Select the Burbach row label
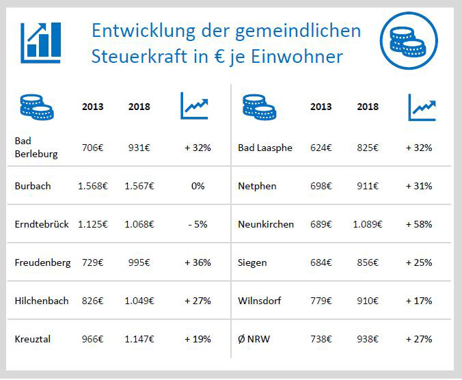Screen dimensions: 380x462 [x=32, y=185]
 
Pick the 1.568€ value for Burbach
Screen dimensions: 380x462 [x=93, y=185]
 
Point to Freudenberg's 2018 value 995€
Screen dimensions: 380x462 [x=139, y=262]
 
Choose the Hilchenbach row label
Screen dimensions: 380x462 [x=42, y=301]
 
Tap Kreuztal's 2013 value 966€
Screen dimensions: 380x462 [x=94, y=338]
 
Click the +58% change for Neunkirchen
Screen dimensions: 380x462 [x=418, y=223]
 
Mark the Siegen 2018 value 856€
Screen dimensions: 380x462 [x=367, y=262]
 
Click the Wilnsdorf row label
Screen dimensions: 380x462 [x=259, y=301]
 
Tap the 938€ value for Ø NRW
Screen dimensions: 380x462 [x=367, y=338]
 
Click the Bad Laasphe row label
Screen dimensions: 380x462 [x=264, y=148]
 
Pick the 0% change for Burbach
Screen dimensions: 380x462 [x=198, y=185]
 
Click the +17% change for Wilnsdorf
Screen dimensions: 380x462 [x=418, y=301]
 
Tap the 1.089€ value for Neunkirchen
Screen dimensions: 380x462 [x=367, y=223]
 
